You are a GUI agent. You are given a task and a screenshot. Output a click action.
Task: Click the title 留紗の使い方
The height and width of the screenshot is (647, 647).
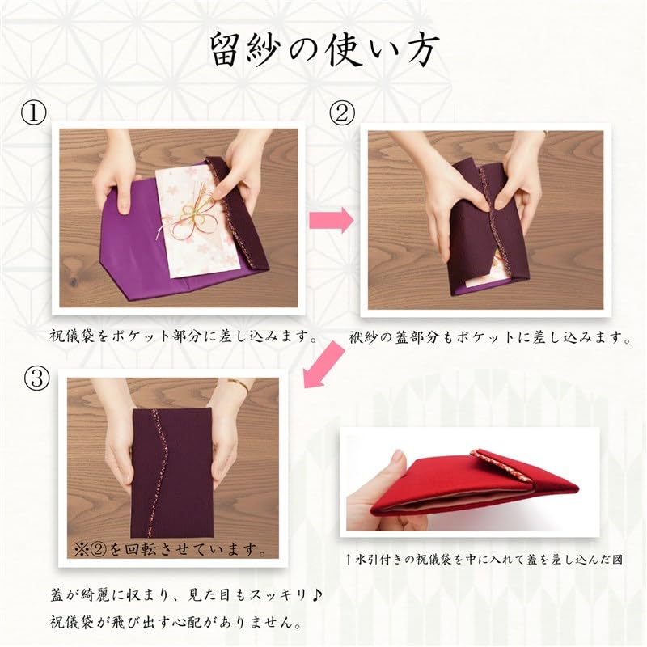click(x=323, y=50)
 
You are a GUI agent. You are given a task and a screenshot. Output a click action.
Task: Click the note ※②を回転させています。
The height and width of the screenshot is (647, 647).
click(x=171, y=551)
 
